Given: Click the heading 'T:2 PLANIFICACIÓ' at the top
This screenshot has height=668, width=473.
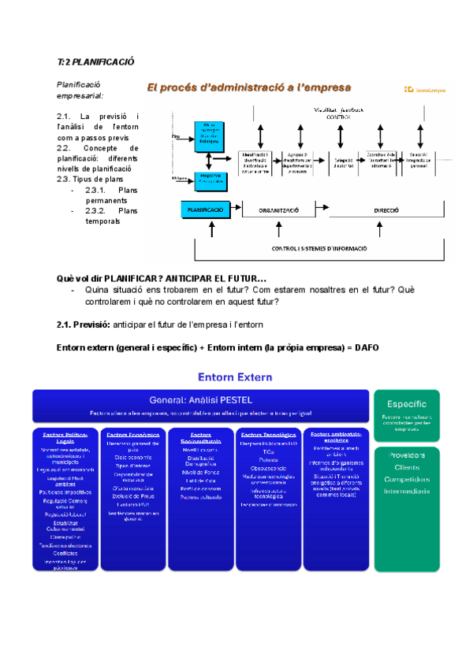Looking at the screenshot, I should (96, 61).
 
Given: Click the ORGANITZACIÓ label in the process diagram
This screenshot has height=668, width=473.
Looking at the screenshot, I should (277, 211).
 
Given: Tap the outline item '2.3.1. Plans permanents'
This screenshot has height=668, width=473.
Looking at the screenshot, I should (111, 195).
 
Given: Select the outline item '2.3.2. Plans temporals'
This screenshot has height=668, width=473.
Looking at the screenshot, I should (111, 216).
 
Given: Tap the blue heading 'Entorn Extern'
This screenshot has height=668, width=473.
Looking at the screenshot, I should (235, 377).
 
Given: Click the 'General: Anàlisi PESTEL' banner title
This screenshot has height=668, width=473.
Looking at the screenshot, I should (200, 399).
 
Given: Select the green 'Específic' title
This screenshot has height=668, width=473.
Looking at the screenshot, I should (407, 403).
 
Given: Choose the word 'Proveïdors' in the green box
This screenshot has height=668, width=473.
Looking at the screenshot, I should (407, 455).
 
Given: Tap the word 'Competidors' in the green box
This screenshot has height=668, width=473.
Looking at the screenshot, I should (407, 479).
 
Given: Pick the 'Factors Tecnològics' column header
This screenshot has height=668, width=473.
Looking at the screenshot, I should (268, 435).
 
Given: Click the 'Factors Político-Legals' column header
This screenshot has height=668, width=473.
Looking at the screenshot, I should (65, 438).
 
